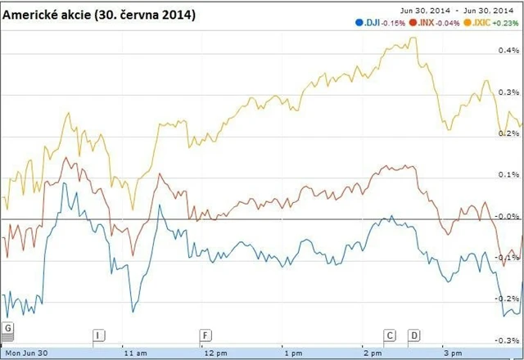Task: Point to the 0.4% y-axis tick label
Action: click(508, 51)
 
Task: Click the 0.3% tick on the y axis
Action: click(508, 92)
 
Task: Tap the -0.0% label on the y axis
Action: click(508, 216)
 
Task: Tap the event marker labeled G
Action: click(8, 328)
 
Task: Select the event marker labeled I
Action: click(99, 335)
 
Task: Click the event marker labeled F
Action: click(205, 335)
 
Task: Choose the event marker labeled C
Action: click(390, 335)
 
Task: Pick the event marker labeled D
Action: click(413, 335)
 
